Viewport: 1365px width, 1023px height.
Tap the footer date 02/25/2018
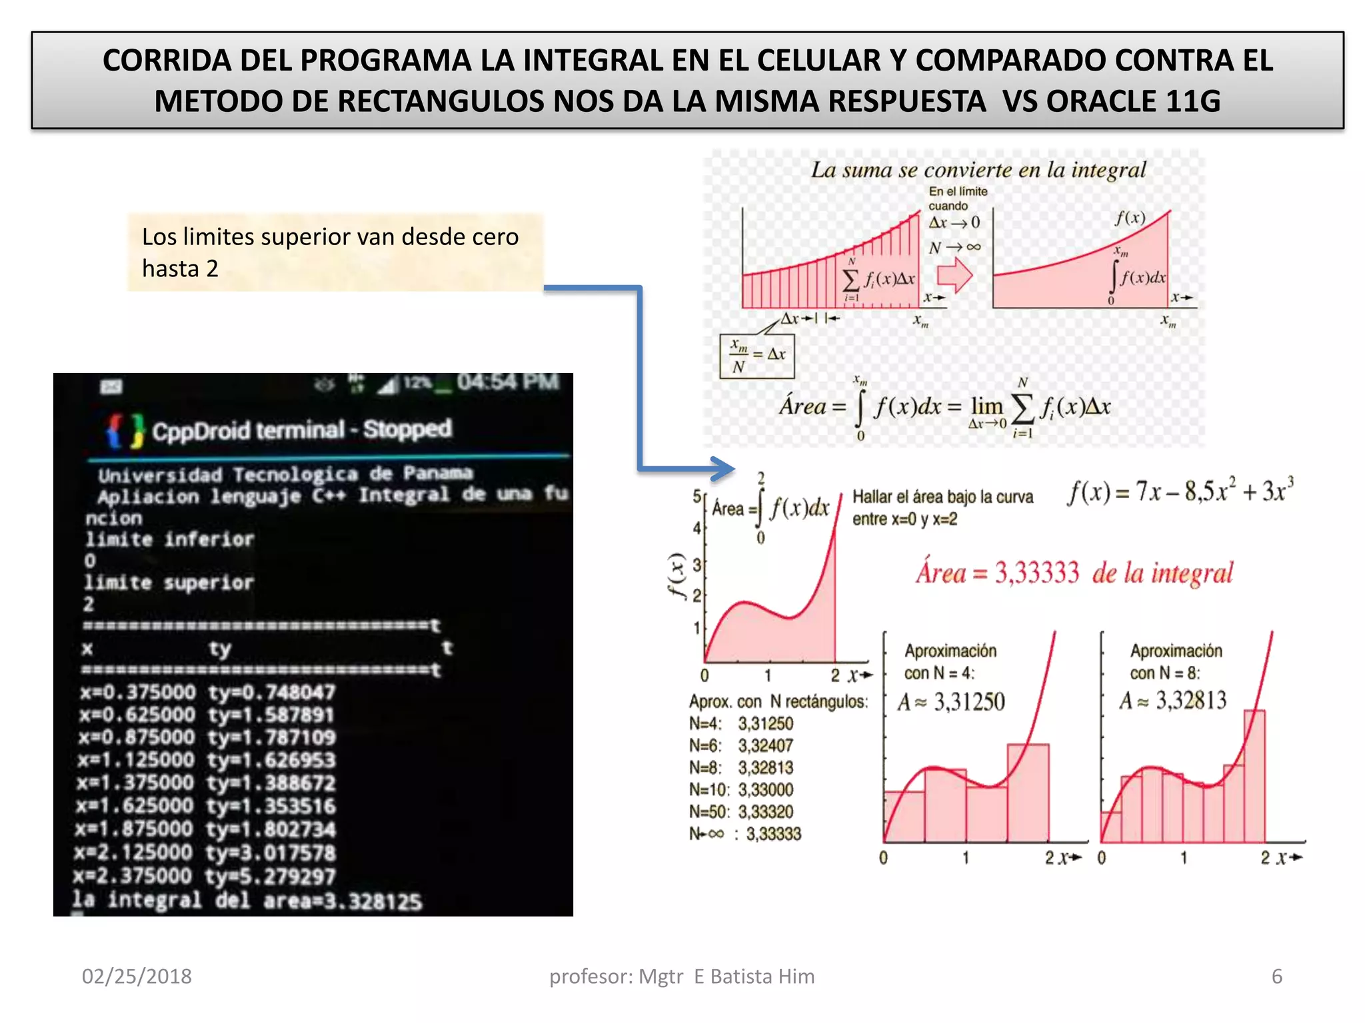(x=137, y=976)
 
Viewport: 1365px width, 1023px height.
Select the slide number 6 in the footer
(x=1276, y=976)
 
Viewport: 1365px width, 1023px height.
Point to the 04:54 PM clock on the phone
(x=508, y=382)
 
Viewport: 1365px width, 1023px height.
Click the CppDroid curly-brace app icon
(x=125, y=430)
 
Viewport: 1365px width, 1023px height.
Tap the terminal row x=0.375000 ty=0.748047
(x=207, y=693)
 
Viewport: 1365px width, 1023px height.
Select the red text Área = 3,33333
(x=997, y=573)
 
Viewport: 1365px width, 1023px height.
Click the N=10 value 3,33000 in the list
(x=765, y=790)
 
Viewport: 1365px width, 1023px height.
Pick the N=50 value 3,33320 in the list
(x=765, y=812)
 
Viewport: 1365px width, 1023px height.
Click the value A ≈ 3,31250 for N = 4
(x=951, y=702)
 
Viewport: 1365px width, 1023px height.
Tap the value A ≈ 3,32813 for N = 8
(x=1173, y=701)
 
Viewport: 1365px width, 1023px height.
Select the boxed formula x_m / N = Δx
(x=757, y=356)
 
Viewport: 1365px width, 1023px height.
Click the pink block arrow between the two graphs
(x=954, y=275)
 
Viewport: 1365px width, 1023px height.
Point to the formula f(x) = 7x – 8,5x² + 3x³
(x=1180, y=492)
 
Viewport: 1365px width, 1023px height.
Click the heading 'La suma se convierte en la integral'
(x=978, y=170)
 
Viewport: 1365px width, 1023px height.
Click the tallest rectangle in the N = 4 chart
(x=1028, y=793)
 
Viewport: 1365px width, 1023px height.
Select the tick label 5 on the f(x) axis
(x=696, y=496)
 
